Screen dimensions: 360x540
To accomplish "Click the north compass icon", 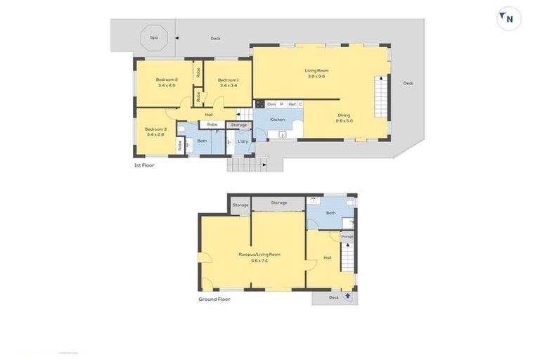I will pos(508,18).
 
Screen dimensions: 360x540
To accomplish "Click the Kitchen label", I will pos(278,120).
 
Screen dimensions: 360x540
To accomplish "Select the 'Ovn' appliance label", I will pos(271,104).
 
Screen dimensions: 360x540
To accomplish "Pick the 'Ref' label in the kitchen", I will pos(291,104).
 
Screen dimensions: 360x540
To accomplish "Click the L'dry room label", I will pos(243,141).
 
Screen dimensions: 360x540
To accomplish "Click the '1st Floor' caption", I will pos(144,165).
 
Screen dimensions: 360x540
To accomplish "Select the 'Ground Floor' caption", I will pos(214,299).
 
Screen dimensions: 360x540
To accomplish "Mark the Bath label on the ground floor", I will pos(330,212).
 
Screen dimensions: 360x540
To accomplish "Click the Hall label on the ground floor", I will pos(327,258).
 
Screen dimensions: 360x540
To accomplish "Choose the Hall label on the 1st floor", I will pos(209,115).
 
